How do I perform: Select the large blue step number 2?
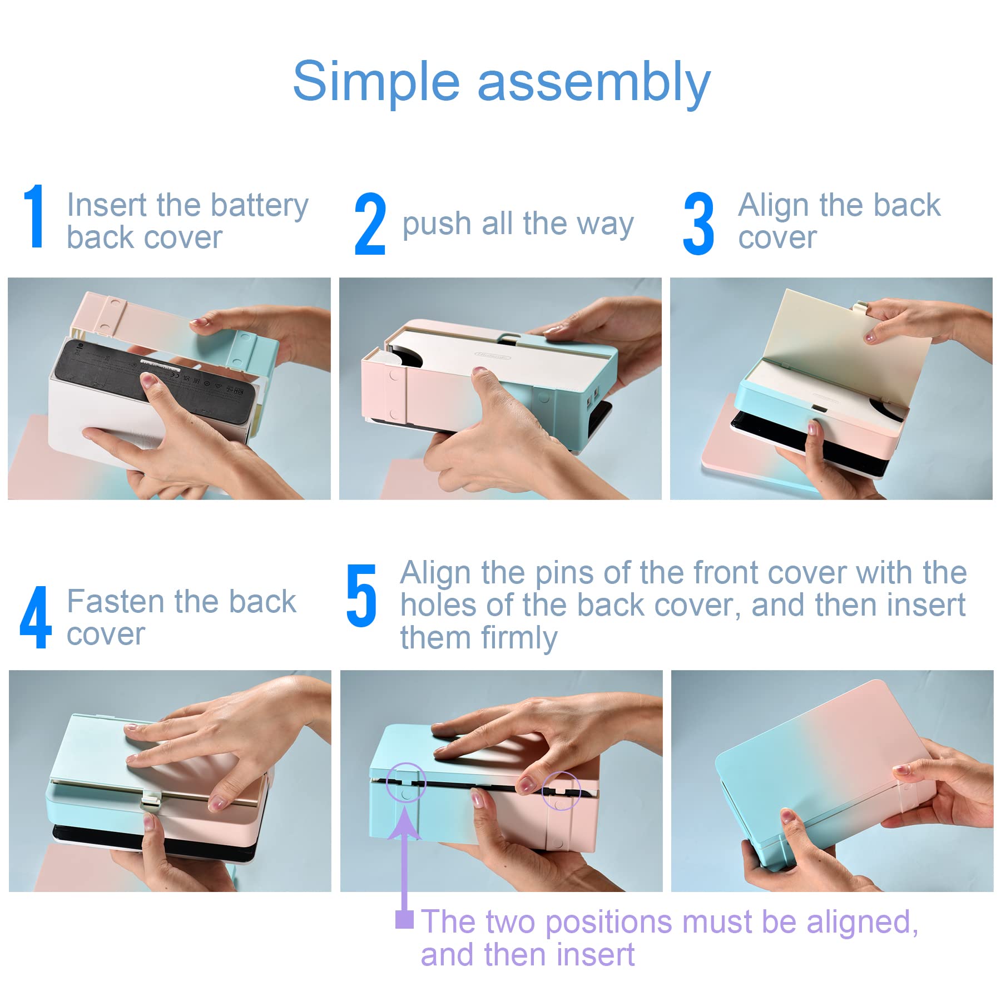(370, 224)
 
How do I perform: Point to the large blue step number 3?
(698, 224)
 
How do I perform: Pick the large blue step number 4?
(36, 617)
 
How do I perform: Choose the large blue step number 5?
(361, 596)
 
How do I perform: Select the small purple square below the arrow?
(404, 919)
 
